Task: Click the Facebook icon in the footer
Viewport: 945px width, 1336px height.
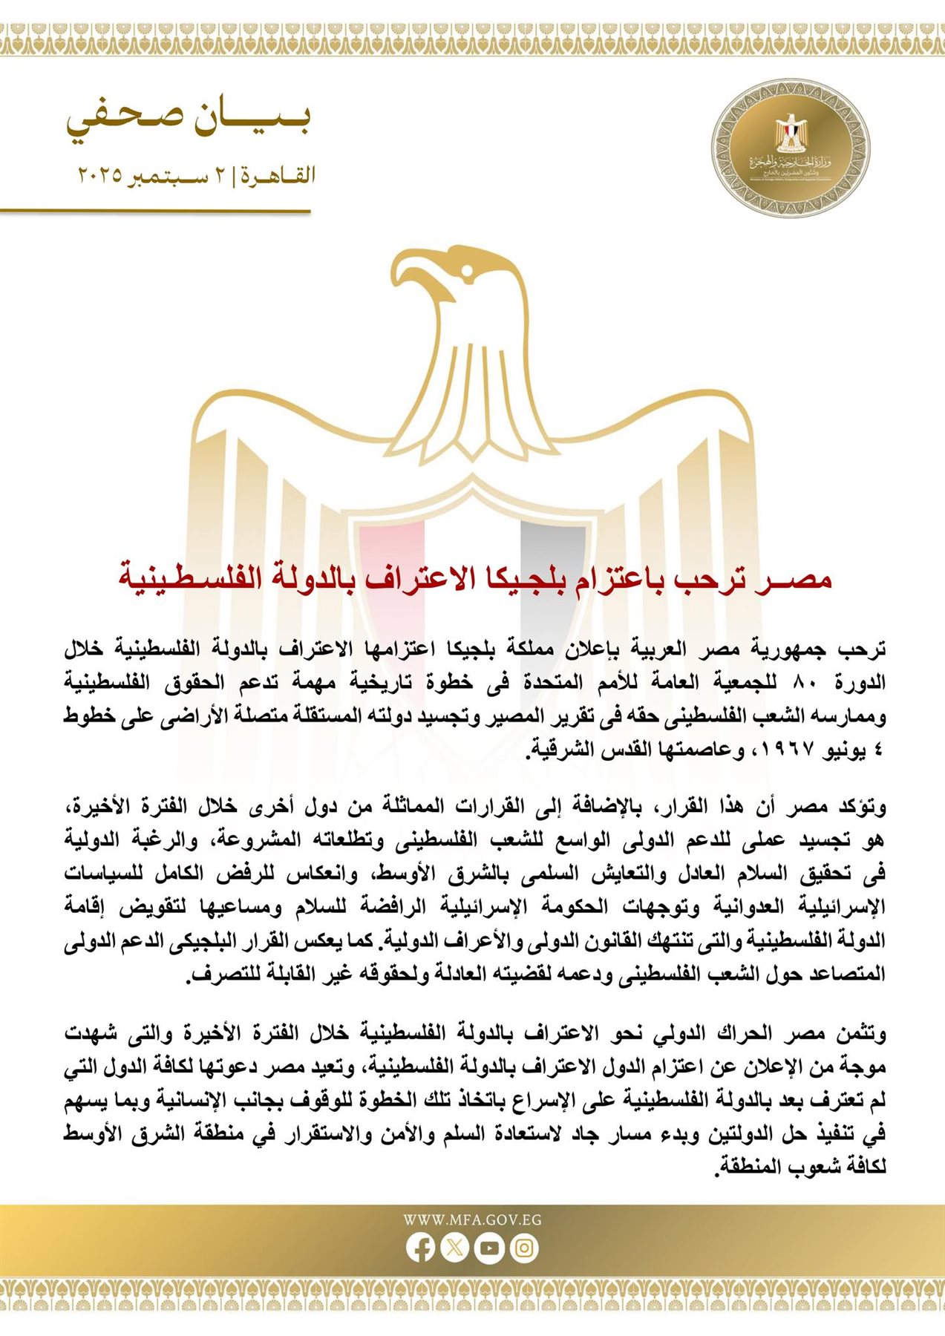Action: point(420,1248)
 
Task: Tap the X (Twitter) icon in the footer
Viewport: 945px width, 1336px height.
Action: point(454,1248)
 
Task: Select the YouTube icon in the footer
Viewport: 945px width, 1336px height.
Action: point(489,1248)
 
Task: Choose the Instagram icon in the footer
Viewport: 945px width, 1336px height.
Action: point(523,1248)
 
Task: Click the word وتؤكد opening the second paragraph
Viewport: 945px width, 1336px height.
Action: point(861,806)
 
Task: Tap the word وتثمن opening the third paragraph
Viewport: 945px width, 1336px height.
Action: point(860,1033)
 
